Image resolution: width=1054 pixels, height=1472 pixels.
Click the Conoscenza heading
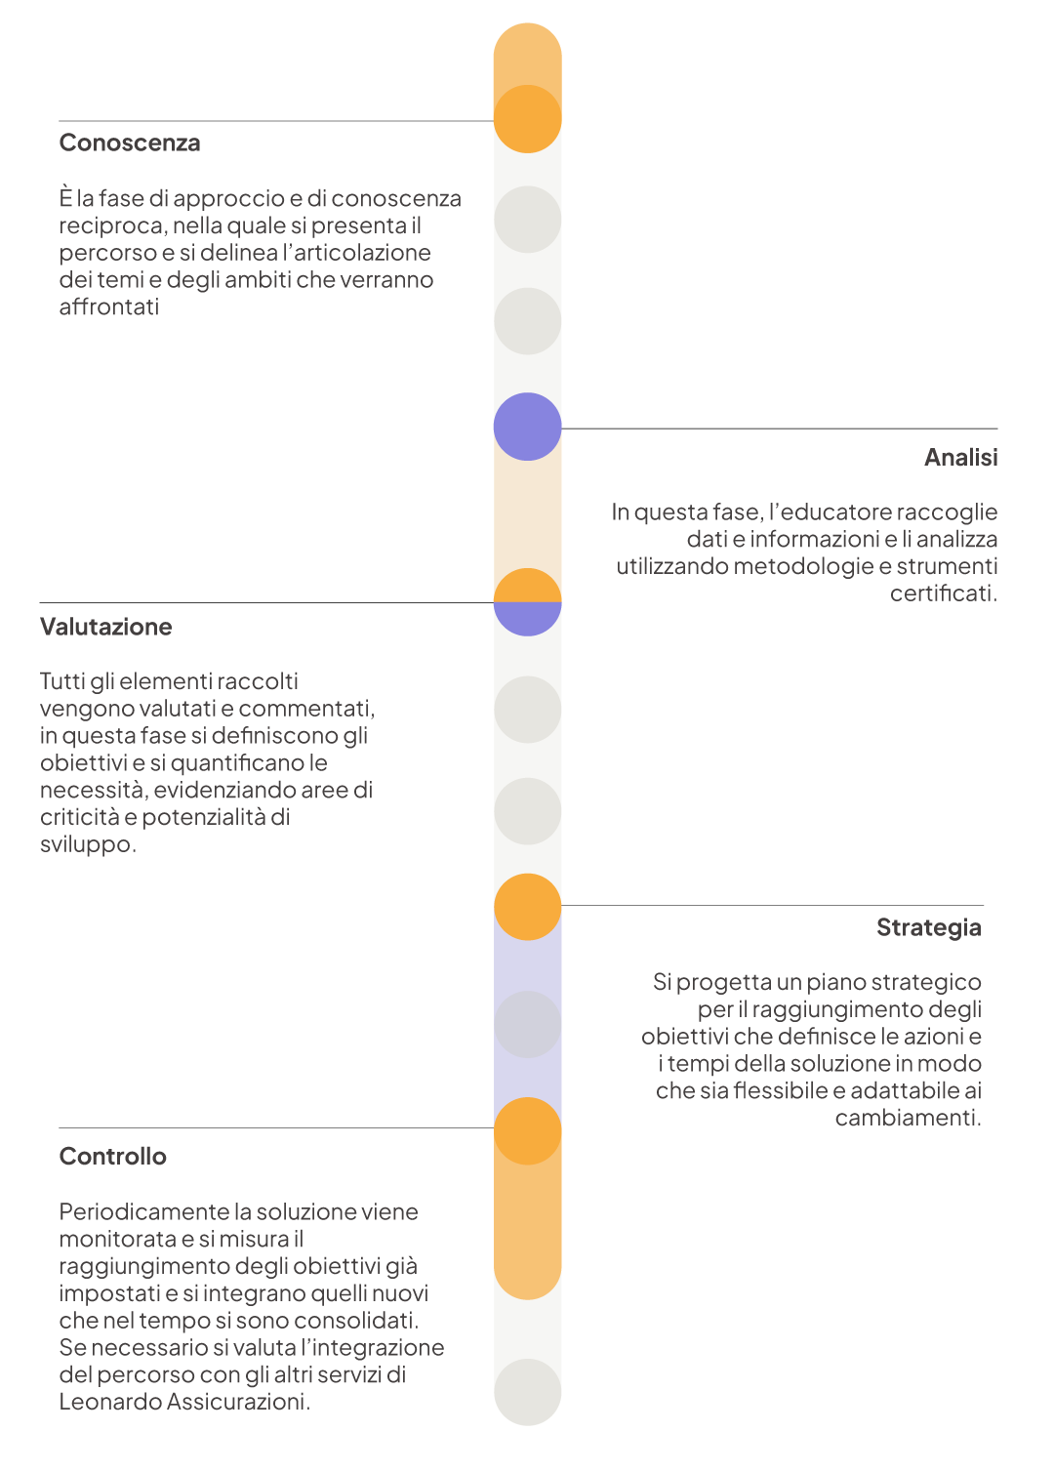130,143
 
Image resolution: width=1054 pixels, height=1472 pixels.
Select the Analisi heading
960,457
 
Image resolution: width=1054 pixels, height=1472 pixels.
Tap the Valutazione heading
105,627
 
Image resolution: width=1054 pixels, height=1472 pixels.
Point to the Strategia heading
928,927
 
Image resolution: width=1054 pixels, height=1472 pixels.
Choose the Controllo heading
112,1156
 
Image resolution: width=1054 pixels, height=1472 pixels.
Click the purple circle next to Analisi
527,427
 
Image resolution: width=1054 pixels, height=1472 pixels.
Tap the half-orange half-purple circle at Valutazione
527,602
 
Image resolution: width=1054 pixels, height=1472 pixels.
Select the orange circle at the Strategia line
527,907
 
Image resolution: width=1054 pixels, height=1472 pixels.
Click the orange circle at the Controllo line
527,1131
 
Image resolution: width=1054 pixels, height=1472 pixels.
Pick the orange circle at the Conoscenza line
527,119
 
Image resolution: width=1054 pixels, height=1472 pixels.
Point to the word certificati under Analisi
944,593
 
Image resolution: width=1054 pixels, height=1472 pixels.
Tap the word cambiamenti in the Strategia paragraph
909,1117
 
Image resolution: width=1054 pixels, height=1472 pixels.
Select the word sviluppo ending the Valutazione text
88,844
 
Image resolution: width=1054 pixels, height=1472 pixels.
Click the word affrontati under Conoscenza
109,307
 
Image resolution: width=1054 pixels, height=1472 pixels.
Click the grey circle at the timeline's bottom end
527,1392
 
